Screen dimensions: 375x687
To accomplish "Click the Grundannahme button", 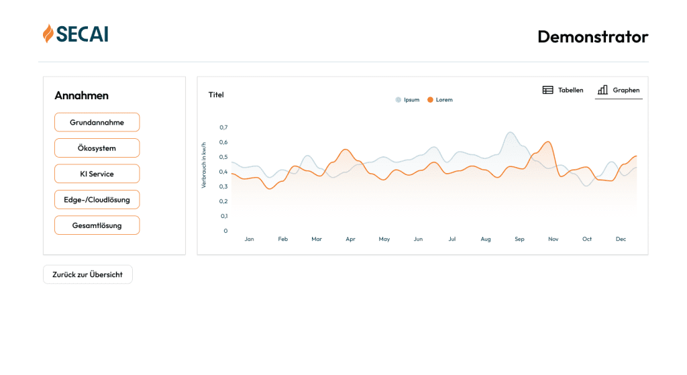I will tap(97, 122).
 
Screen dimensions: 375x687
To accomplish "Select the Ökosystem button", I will tap(97, 148).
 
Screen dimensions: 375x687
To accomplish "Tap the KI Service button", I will tap(97, 174).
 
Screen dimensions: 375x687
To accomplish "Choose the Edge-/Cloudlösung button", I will tap(97, 200).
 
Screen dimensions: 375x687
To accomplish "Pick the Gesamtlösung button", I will tap(97, 225).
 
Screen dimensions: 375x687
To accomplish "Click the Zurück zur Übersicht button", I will tap(87, 274).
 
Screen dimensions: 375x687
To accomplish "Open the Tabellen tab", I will tap(563, 90).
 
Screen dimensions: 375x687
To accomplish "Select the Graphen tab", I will tap(619, 90).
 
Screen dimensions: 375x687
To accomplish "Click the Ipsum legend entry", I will tap(407, 100).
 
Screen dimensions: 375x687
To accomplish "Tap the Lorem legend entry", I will tap(440, 100).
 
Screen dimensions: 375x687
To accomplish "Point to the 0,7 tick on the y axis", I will tap(224, 127).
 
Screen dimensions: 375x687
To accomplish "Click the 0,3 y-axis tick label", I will tap(224, 186).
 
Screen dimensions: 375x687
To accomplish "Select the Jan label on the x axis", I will tap(249, 239).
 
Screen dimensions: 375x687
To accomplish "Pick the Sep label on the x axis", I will tap(519, 239).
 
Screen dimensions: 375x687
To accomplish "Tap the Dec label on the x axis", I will tap(621, 239).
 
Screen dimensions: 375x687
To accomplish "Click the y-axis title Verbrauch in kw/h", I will tap(204, 164).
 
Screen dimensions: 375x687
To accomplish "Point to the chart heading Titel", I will tap(216, 95).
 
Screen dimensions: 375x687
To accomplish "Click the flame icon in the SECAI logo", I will tap(48, 34).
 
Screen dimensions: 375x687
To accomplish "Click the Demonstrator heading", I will tap(592, 36).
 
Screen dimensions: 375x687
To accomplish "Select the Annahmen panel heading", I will tap(81, 95).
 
